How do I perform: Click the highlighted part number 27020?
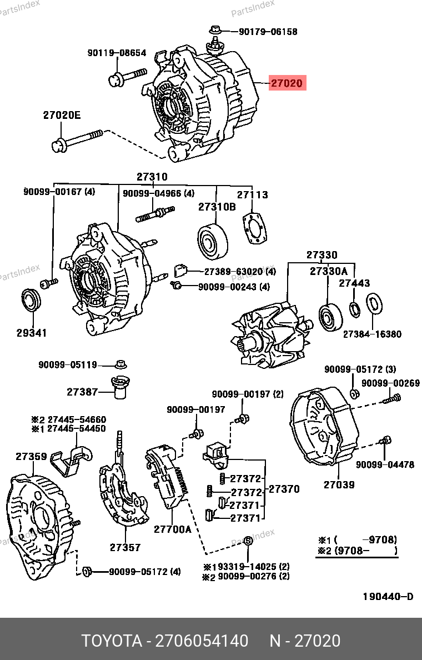(287, 84)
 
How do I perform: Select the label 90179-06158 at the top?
(268, 32)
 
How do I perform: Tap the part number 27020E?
(62, 116)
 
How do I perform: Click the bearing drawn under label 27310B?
(213, 241)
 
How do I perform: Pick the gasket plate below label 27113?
(255, 228)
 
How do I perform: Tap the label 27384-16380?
(371, 334)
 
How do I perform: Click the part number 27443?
(354, 283)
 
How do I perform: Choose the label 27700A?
(172, 529)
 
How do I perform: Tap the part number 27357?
(125, 547)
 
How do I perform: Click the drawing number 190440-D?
(388, 597)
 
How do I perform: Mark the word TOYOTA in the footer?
(112, 641)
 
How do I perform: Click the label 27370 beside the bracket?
(284, 489)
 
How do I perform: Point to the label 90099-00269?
(390, 383)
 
